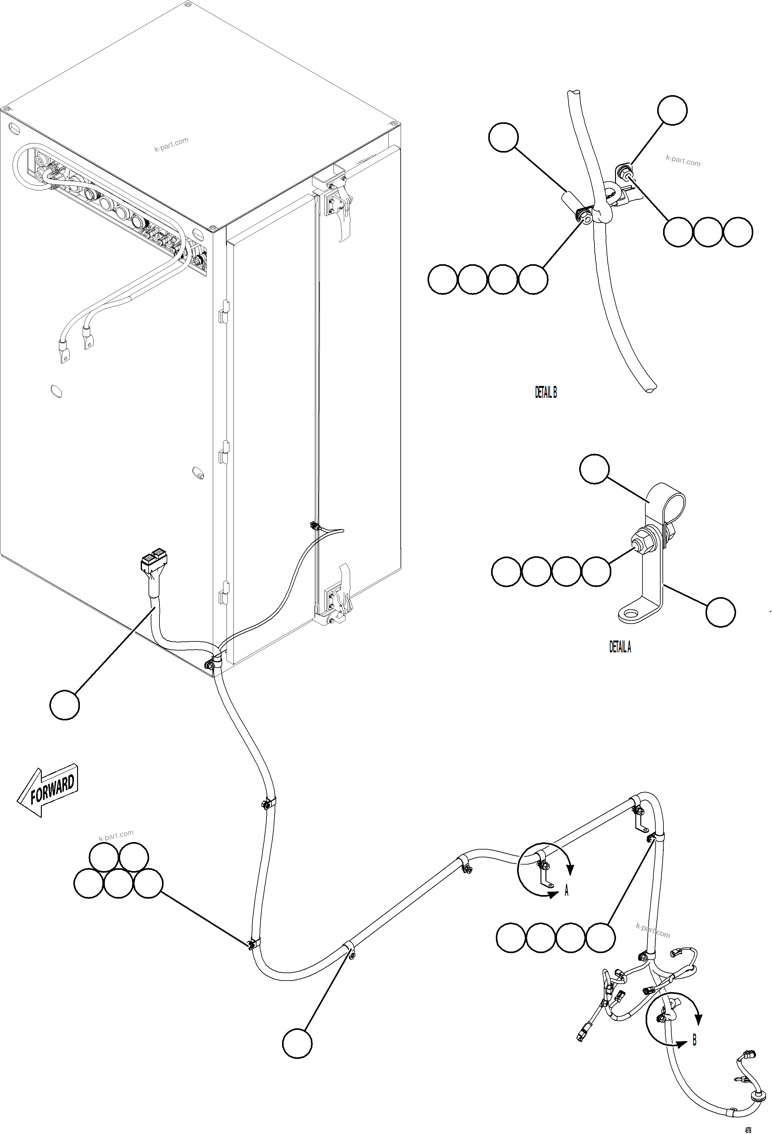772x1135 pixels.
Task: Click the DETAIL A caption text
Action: [x=619, y=647]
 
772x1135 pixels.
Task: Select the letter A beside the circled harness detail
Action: [x=566, y=891]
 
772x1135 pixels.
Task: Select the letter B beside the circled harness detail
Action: [x=694, y=1040]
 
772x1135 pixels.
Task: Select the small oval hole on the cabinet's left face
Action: [x=56, y=391]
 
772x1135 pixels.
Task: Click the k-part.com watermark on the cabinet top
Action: [x=171, y=144]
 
